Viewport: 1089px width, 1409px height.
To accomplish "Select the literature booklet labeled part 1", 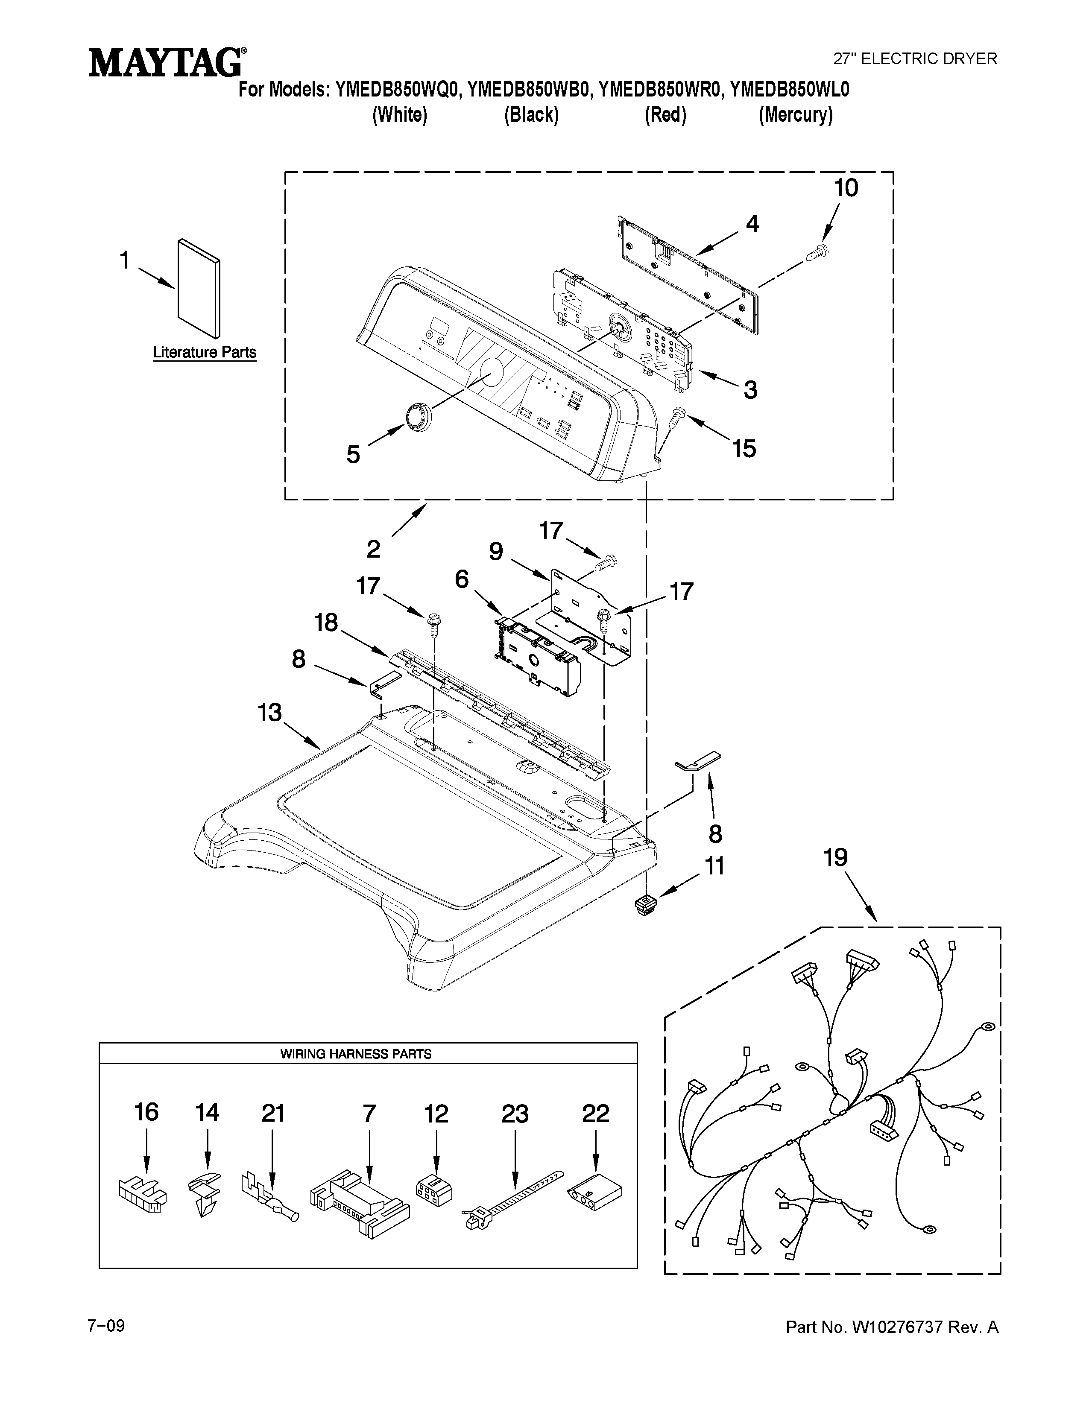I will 198,288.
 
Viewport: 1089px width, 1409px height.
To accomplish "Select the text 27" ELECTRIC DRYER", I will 915,59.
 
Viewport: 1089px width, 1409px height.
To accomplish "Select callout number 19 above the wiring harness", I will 835,858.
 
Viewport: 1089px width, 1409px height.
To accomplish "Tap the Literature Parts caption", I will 205,352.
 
